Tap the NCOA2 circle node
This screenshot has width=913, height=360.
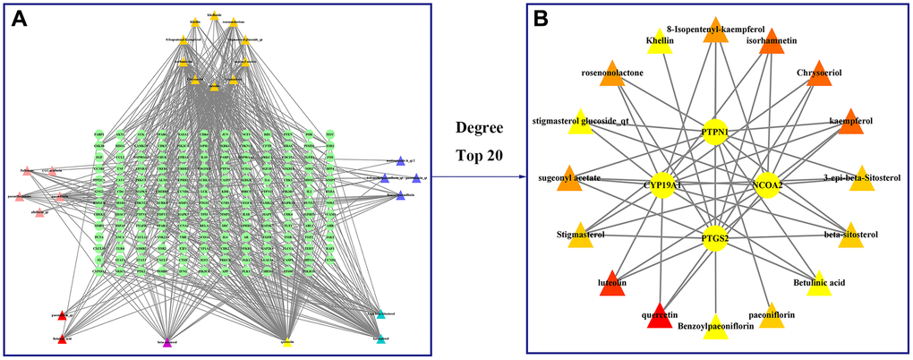click(x=769, y=184)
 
